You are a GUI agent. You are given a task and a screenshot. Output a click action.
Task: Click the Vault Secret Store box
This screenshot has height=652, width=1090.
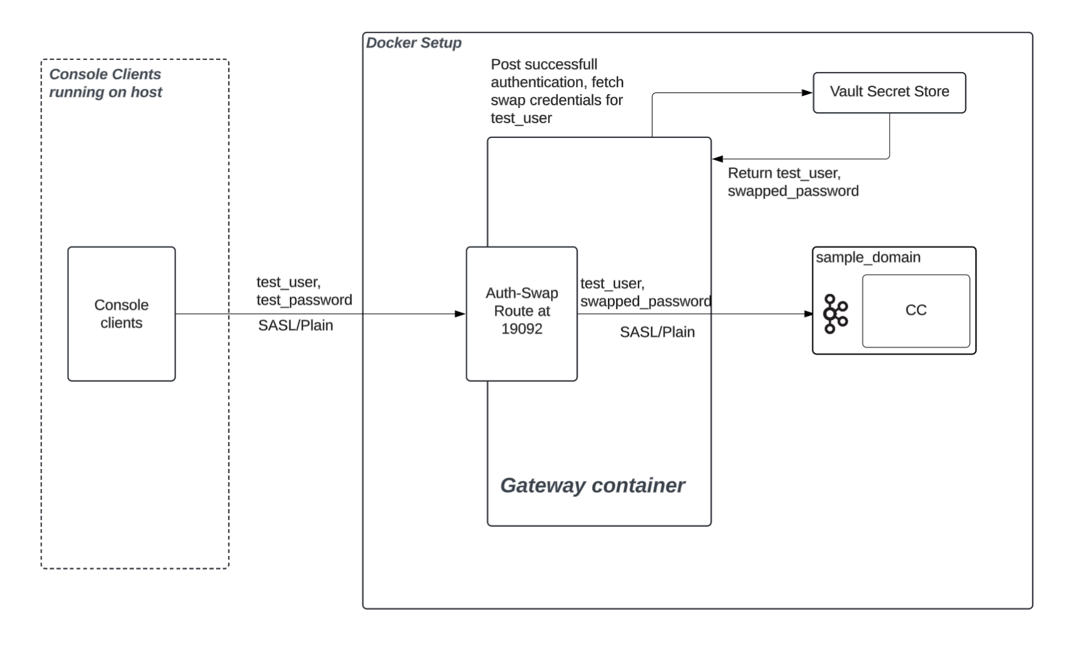tap(889, 92)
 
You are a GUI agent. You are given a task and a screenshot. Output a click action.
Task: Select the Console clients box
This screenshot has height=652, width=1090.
tap(121, 314)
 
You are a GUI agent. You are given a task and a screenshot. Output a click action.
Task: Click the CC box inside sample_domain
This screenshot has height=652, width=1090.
tap(915, 311)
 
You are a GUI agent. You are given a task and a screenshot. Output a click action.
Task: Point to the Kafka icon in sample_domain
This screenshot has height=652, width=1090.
tap(835, 314)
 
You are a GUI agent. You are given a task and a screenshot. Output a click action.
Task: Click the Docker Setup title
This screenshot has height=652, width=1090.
tap(414, 43)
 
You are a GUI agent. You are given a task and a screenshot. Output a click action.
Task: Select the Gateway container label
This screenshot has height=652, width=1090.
tap(592, 485)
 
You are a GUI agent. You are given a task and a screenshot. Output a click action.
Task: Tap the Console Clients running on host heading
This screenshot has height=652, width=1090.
tap(106, 83)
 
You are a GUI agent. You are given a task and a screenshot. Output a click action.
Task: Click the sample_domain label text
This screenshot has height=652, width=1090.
tap(868, 258)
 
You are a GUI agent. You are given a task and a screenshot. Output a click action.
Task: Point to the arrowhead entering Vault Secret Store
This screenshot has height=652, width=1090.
tap(807, 93)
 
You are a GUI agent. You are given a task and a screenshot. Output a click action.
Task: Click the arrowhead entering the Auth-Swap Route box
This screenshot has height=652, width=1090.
tap(460, 314)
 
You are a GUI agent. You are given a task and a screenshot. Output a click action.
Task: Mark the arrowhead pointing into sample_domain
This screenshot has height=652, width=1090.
tap(808, 314)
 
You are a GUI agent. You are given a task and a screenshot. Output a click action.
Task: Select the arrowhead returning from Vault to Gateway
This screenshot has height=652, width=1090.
tap(718, 159)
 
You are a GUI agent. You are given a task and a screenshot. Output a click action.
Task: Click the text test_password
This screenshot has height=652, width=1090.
tap(304, 300)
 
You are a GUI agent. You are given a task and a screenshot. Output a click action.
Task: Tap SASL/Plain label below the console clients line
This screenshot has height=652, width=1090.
tap(295, 325)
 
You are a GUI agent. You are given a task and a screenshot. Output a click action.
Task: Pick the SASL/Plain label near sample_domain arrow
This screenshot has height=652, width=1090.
tap(657, 332)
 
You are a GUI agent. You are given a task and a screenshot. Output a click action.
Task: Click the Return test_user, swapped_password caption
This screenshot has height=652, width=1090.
tap(793, 182)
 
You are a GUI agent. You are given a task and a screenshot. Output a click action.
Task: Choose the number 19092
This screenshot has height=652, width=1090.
tap(522, 329)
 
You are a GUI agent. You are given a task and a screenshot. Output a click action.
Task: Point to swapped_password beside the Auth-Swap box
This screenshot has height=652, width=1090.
tap(646, 302)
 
